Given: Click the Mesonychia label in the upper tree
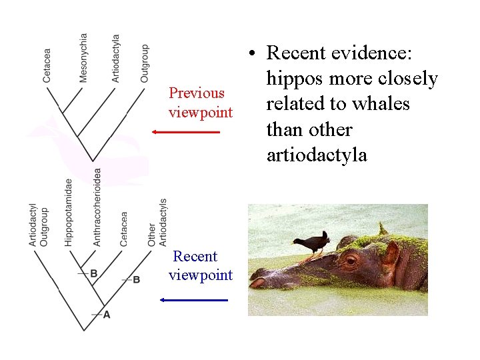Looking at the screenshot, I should click(x=83, y=58).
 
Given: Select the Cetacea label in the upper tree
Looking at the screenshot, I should click(x=47, y=65).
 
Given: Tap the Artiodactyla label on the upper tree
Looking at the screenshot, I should click(x=116, y=59).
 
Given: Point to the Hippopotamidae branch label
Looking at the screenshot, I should click(x=69, y=212).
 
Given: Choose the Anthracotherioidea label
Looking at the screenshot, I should click(x=97, y=207).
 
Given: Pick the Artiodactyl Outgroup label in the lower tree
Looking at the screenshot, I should click(x=39, y=225).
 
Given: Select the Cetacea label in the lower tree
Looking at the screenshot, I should click(x=124, y=229).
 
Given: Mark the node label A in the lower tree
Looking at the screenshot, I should click(x=107, y=314).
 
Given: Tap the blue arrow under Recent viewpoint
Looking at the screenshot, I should click(x=194, y=300).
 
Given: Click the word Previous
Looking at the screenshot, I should click(x=197, y=93).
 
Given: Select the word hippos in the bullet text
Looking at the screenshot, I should click(x=293, y=79).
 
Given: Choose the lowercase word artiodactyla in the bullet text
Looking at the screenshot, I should click(x=317, y=155).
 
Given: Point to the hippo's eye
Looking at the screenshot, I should click(x=351, y=257).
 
